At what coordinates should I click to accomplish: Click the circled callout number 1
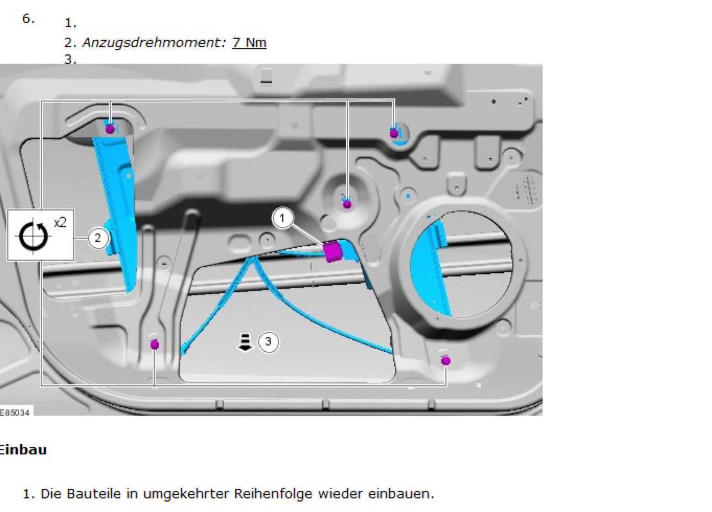(282, 218)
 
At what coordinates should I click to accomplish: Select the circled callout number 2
(98, 238)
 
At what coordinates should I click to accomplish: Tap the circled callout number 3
(268, 342)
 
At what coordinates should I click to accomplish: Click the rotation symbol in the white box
(33, 236)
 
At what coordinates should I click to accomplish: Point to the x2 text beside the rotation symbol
(60, 222)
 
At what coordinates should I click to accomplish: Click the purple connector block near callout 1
(332, 251)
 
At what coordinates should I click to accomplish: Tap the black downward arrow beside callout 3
(245, 342)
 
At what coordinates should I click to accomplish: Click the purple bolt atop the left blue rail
(110, 129)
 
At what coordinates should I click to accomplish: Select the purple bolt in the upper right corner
(394, 133)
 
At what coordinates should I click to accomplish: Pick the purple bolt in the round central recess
(347, 204)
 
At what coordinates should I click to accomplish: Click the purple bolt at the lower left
(155, 344)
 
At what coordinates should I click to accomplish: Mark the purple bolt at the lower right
(446, 361)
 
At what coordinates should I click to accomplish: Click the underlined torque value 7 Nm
(249, 42)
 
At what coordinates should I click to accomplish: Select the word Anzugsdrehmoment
(154, 43)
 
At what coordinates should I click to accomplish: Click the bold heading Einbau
(23, 450)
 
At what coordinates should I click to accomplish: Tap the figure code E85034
(15, 413)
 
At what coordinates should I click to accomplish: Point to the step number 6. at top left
(28, 19)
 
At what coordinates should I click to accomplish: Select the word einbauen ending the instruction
(401, 494)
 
